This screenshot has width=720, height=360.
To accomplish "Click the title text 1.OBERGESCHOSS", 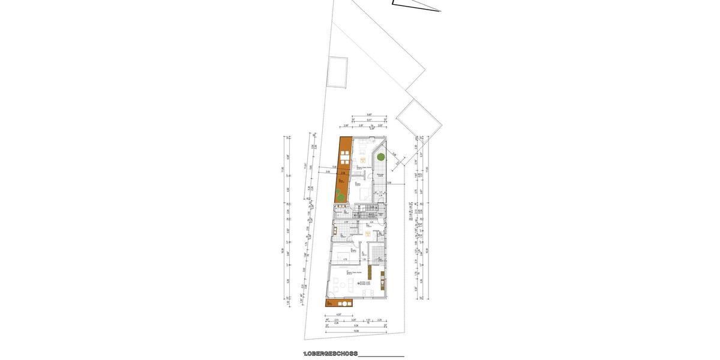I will [x=330, y=354].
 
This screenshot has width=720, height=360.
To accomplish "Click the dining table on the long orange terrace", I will [x=344, y=158].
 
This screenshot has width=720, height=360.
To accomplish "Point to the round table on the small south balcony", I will [x=338, y=304].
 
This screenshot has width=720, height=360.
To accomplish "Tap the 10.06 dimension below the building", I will [x=356, y=330].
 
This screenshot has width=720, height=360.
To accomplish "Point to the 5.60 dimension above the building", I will [x=370, y=115].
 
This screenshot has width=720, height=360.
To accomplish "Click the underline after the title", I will [x=381, y=356].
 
